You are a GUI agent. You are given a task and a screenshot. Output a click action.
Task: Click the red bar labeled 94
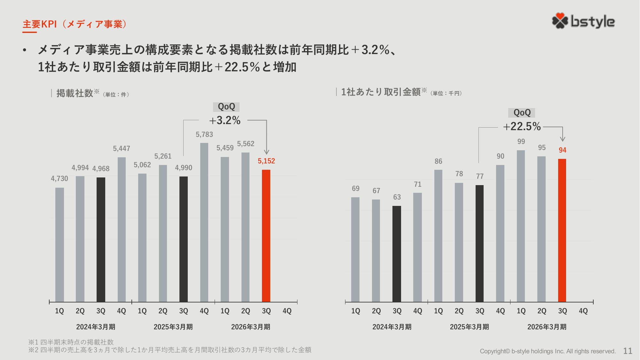[x=562, y=230]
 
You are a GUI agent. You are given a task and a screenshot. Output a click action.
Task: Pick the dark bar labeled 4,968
[x=101, y=239]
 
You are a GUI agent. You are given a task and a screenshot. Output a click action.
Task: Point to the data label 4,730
[x=59, y=179]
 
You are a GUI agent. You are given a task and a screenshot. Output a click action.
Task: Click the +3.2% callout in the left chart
[x=225, y=121]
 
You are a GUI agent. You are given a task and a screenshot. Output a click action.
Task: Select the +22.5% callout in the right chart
[x=522, y=127]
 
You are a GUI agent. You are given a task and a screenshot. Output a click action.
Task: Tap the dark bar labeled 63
[x=397, y=254]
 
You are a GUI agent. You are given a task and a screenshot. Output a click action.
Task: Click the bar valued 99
[x=521, y=226]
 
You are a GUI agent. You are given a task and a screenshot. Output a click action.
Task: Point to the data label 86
[x=438, y=161]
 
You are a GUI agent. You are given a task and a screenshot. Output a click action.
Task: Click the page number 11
[x=628, y=351]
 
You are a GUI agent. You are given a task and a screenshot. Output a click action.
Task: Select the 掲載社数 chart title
[x=75, y=93]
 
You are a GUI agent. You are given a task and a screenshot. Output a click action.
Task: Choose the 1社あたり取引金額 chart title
[x=381, y=92]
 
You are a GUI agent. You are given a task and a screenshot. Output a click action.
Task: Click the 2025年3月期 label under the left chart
[x=173, y=327]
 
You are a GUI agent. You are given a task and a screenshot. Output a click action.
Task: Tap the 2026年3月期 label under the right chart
[x=547, y=327]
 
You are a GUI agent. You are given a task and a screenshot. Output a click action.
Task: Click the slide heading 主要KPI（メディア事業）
[x=75, y=24]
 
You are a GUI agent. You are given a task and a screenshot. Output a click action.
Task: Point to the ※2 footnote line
[x=170, y=350]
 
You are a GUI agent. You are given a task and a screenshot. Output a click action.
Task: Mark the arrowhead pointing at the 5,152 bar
[x=266, y=152]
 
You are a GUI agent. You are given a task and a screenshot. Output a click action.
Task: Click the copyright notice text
[x=548, y=351]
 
